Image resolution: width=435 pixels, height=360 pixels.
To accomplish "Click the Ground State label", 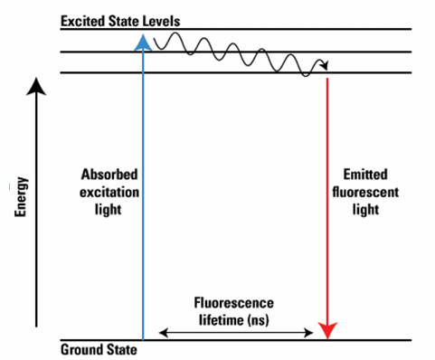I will point(99,350).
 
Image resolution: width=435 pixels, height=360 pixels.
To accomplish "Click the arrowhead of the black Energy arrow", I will point(35,86).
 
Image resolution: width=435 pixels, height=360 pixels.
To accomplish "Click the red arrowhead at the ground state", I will point(327,331).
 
